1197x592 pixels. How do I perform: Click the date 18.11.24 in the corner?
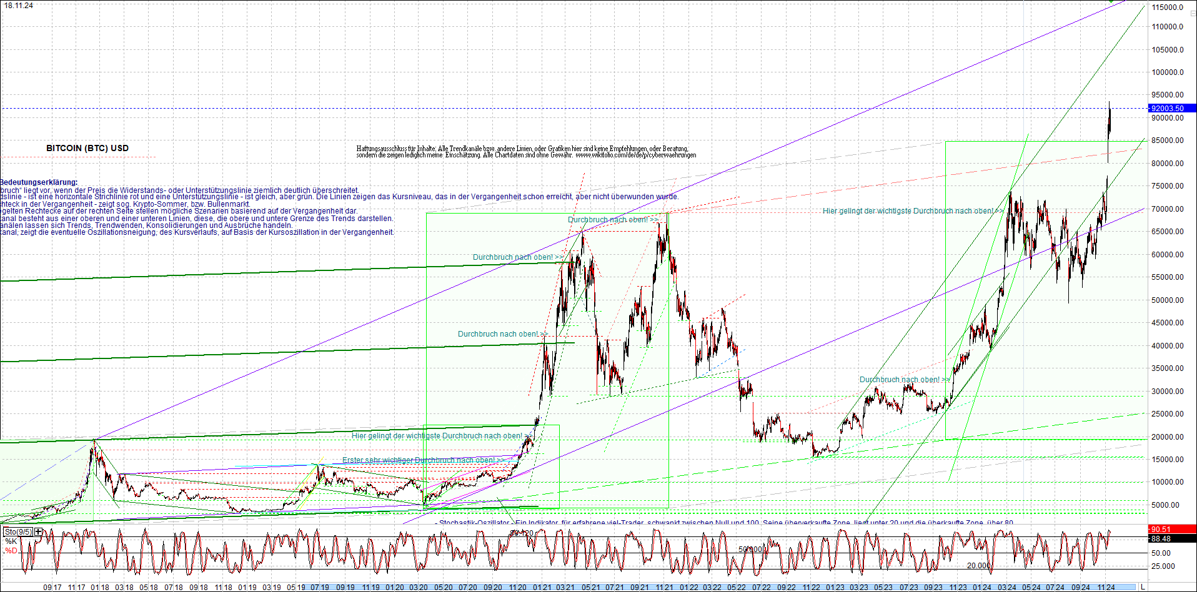19,6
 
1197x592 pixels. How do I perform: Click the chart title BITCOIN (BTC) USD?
87,148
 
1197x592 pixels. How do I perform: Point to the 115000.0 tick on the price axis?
1168,7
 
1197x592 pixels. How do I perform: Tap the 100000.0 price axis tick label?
1168,72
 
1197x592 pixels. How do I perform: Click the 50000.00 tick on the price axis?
1168,300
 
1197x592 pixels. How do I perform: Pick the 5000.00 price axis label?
1166,505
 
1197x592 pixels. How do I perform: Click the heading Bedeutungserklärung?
39,182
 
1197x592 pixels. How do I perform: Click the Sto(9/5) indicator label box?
18,532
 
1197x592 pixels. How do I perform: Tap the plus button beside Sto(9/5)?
39,532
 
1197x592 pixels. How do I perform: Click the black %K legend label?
11,541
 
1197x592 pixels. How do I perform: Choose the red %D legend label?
11,551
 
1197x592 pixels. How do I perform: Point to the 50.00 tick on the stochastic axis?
1161,553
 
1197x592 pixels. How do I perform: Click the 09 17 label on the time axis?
52,588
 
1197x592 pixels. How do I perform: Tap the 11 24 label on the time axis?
1106,588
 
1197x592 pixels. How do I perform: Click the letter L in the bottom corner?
1143,588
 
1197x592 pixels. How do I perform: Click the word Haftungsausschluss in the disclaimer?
382,149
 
